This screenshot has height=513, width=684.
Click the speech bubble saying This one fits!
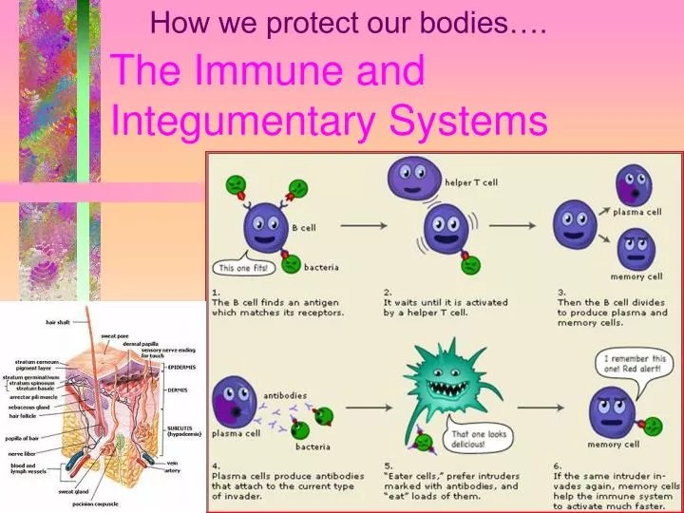(246, 267)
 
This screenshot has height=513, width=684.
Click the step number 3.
(562, 292)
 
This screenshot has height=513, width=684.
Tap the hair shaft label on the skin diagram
(58, 322)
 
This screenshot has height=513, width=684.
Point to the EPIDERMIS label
(181, 366)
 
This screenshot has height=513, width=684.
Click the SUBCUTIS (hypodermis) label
(184, 429)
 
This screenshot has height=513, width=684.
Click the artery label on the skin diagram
(172, 468)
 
